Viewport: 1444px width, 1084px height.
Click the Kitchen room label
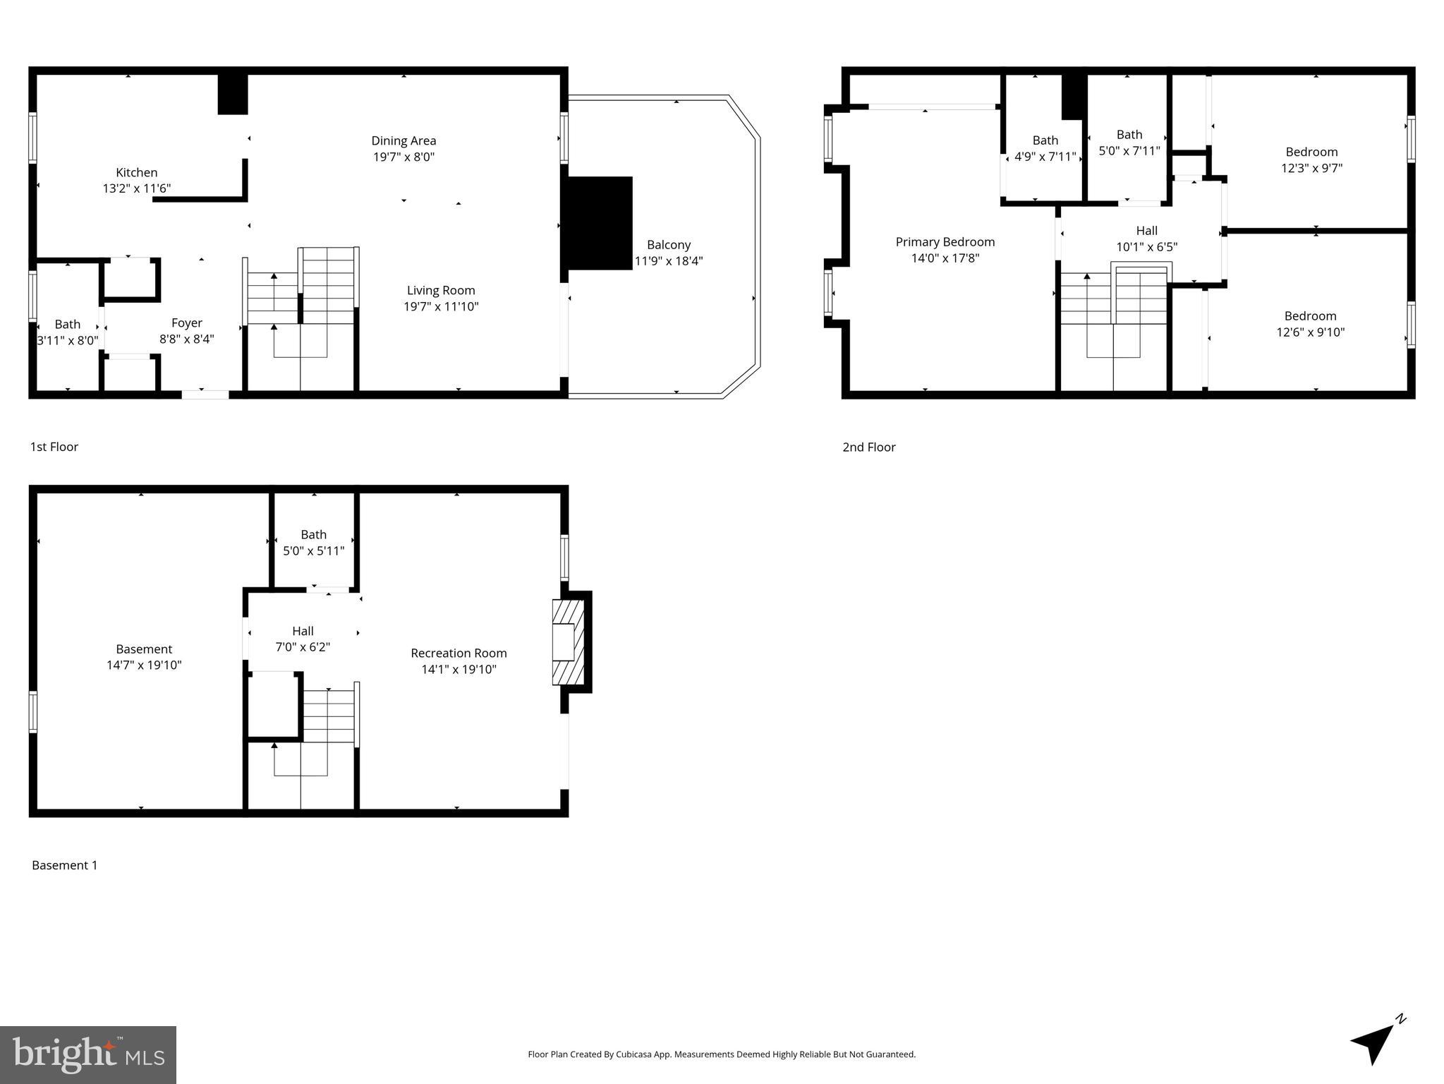pyautogui.click(x=136, y=172)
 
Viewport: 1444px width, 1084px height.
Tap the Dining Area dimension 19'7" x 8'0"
pyautogui.click(x=404, y=157)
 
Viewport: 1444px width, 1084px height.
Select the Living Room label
pyautogui.click(x=441, y=290)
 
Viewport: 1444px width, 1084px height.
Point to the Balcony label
pyautogui.click(x=668, y=245)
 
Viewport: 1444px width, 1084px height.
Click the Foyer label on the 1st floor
pyautogui.click(x=186, y=323)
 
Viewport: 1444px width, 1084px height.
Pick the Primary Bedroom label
pyautogui.click(x=945, y=242)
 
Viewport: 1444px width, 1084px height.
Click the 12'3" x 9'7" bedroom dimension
pyautogui.click(x=1311, y=169)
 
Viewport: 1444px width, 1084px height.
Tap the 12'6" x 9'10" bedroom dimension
pyautogui.click(x=1310, y=332)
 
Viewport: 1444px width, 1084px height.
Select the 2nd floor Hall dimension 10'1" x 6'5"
pyautogui.click(x=1146, y=247)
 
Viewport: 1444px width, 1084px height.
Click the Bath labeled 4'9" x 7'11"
pyautogui.click(x=1045, y=140)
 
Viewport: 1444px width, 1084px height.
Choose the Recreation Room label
pyautogui.click(x=459, y=653)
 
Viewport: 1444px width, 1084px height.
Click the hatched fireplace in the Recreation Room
pyautogui.click(x=568, y=642)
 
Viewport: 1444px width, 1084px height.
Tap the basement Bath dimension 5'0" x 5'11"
pyautogui.click(x=313, y=551)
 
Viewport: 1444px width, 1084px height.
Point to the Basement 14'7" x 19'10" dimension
pyautogui.click(x=144, y=666)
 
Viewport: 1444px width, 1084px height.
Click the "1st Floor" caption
pyautogui.click(x=54, y=447)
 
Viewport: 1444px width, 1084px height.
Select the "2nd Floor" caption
pyautogui.click(x=868, y=447)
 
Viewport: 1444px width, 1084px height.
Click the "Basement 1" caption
pyautogui.click(x=64, y=865)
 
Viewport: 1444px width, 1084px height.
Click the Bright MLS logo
pyautogui.click(x=88, y=1055)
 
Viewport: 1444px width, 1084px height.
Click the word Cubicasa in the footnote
pyautogui.click(x=633, y=1054)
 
